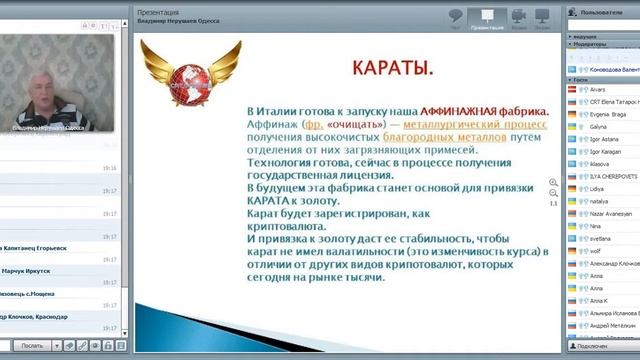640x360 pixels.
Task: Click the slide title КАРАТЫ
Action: tap(393, 69)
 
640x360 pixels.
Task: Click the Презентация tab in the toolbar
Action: tap(487, 19)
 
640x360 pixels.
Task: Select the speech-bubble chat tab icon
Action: tap(455, 17)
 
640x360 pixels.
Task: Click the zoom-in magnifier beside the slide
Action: tap(553, 183)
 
